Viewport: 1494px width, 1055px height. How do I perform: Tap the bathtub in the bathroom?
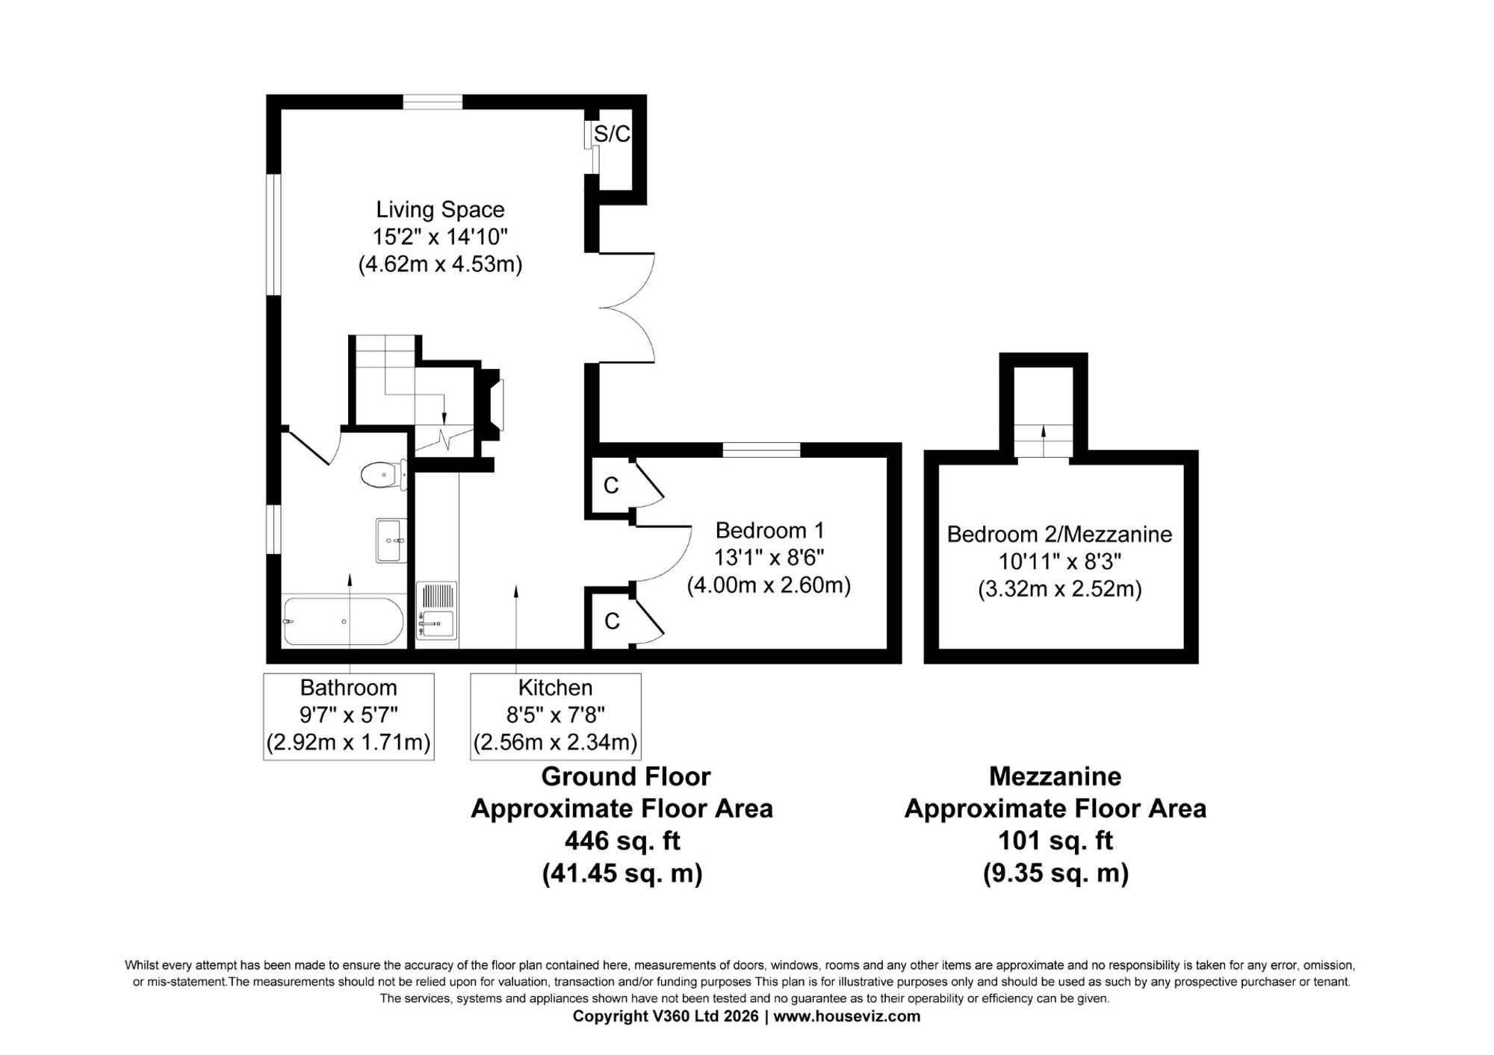344,620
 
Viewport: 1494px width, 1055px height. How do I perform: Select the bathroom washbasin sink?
391,541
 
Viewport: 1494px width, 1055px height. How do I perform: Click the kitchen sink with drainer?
437,610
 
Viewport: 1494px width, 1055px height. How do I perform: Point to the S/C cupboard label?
612,134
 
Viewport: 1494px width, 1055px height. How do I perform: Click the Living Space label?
440,209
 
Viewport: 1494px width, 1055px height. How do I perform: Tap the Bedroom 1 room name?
769,530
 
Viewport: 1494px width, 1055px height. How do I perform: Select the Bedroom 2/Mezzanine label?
1059,534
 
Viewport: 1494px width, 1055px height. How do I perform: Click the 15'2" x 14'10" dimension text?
440,237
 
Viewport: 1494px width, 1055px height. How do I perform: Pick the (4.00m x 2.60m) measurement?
769,585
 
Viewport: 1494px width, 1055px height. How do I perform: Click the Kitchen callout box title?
555,687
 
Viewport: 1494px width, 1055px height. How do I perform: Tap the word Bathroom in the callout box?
348,687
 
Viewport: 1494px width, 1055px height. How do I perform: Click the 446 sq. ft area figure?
622,841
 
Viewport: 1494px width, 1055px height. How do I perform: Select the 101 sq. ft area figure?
1056,841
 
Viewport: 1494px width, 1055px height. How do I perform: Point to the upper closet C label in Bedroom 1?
611,485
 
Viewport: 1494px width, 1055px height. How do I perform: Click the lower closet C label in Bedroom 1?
612,620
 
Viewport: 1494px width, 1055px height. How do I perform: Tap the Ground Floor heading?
626,777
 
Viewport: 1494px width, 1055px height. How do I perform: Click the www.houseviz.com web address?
847,1016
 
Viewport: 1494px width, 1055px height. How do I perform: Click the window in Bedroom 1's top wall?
761,449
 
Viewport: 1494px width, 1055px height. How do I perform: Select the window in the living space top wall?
433,102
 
